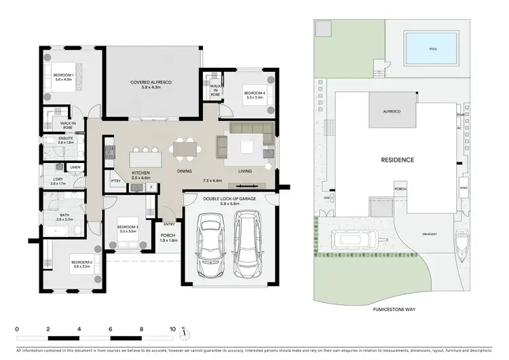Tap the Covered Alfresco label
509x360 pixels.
152,85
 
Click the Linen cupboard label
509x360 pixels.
75,167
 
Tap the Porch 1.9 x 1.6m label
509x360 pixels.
168,238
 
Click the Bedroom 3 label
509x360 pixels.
128,229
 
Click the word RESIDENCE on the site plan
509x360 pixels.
396,160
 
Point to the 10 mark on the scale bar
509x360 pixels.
173,329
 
